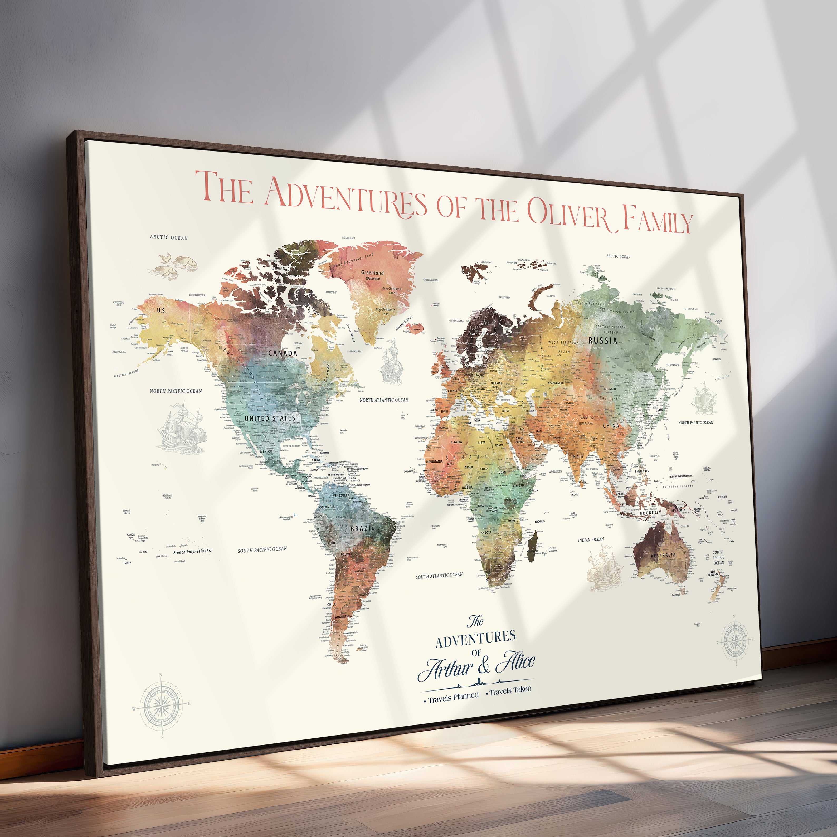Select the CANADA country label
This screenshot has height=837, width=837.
click(x=283, y=353)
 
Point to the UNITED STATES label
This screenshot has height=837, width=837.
click(x=270, y=418)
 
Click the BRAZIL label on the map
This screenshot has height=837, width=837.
click(x=362, y=528)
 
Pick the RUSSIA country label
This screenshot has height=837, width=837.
click(x=603, y=340)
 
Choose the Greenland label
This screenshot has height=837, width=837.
click(x=373, y=273)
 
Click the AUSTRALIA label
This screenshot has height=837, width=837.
click(x=663, y=555)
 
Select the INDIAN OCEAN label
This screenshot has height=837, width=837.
click(x=591, y=539)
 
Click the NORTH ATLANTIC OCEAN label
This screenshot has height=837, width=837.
click(x=384, y=400)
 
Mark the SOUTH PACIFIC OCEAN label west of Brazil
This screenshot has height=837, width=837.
click(x=262, y=549)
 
